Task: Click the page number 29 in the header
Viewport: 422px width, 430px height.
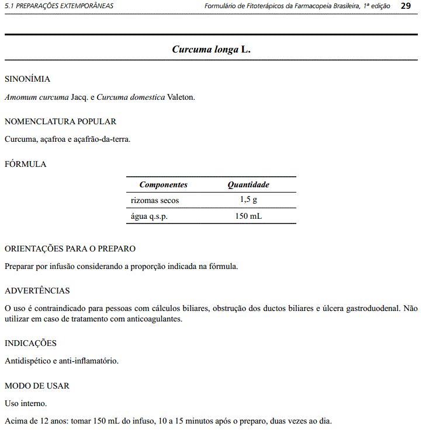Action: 406,6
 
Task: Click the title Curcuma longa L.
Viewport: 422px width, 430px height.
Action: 211,50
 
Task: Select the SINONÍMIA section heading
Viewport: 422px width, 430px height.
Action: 27,79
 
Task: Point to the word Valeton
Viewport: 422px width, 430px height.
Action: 181,97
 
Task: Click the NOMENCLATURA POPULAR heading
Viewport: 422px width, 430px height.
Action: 60,121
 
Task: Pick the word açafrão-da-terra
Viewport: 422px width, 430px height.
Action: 103,139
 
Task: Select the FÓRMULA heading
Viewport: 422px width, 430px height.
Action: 25,164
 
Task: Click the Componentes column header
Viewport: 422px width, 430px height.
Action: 163,184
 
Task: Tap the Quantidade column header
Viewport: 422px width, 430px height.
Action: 248,184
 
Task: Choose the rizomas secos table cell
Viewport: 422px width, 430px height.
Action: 155,200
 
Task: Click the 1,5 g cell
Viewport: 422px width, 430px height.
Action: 248,200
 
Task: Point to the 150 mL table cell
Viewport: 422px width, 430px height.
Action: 248,216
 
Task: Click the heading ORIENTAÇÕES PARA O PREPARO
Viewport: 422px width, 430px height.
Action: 70,249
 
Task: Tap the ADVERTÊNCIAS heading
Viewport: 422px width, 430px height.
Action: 37,291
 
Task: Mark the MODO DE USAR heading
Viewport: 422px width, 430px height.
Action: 37,386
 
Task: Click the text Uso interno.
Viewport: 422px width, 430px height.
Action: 26,403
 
